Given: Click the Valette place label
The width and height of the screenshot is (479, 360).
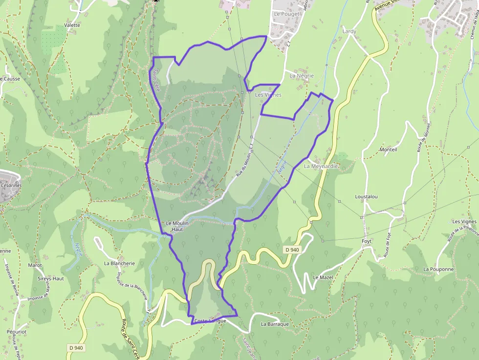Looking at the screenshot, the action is tap(72, 25).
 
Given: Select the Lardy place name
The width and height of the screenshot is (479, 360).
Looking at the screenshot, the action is tap(349, 31).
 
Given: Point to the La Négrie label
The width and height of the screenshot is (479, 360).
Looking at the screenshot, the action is tap(302, 76).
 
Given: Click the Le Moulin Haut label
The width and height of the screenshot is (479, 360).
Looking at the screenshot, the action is tap(177, 226).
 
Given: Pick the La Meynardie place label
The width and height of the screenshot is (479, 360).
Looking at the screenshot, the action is tap(321, 166).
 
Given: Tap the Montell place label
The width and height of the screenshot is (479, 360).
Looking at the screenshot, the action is tap(389, 149).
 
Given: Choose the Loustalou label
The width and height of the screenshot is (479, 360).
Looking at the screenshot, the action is tap(366, 197).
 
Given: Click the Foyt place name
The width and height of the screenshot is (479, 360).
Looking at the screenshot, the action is tap(367, 241).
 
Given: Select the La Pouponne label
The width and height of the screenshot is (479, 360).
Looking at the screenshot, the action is tap(438, 269).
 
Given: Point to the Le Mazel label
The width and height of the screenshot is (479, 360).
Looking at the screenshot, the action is tap(323, 277).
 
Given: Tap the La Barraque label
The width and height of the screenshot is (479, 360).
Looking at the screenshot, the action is tap(275, 324).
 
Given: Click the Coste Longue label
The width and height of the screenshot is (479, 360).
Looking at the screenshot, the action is tap(210, 321).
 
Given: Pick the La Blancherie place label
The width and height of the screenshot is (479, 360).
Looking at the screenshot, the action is tap(119, 263).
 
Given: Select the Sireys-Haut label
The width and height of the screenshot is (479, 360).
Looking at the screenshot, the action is tap(51, 278).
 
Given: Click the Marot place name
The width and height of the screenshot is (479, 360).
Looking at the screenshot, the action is tap(35, 265).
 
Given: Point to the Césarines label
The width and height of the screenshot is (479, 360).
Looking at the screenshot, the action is tap(11, 186).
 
